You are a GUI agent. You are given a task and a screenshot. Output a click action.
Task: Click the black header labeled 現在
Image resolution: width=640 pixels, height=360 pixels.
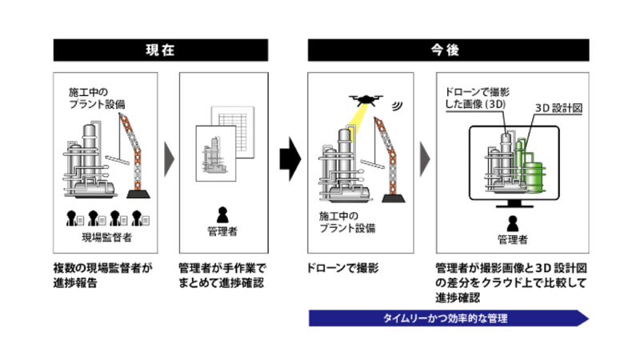point(160,50)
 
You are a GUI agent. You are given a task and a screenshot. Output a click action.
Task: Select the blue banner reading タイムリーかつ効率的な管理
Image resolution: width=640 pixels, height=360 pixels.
point(448,318)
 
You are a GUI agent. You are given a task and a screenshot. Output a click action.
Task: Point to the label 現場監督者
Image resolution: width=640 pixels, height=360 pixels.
point(106,238)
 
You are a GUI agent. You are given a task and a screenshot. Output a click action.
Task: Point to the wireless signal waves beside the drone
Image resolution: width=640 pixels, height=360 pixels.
point(398,105)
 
